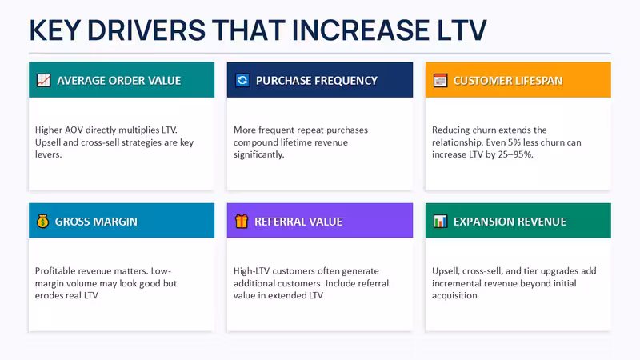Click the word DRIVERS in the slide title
146,30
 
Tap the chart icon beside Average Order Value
44,81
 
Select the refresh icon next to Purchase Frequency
242,80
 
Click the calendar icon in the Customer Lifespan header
441,81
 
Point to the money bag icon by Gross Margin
42,222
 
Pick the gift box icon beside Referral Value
242,222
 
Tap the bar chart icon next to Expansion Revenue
441,222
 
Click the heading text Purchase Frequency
317,81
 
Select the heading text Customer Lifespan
508,81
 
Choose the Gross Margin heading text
96,222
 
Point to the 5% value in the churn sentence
515,142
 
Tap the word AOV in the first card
74,130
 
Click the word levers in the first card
48,154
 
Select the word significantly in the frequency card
258,154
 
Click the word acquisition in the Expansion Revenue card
455,295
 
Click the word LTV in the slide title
462,30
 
